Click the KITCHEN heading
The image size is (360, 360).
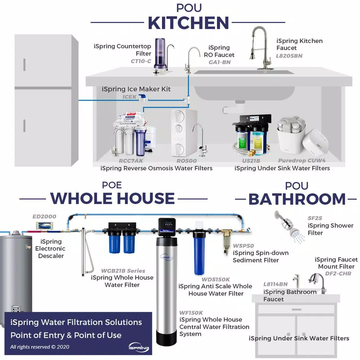tap(188, 23)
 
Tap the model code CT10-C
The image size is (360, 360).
tap(141, 61)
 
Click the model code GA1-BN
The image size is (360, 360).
tap(220, 62)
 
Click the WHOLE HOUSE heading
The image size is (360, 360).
tap(112, 198)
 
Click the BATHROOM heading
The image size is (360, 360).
tap(297, 199)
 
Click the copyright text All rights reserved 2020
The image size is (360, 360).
tap(40, 347)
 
